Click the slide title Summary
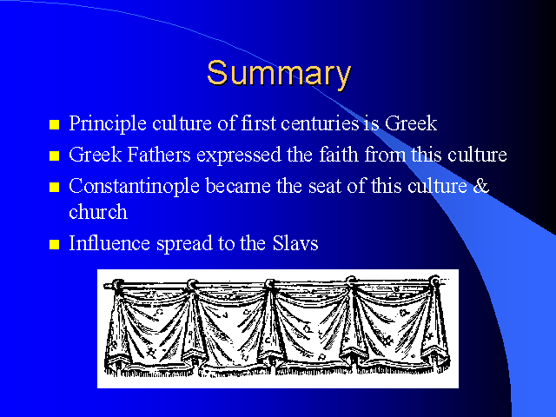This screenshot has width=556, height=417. (279, 74)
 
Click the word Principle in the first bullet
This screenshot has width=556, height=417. (108, 123)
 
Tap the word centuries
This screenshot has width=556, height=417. (320, 123)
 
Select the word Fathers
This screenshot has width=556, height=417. (158, 155)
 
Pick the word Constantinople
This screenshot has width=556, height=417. (134, 187)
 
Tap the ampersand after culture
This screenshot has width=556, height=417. (480, 186)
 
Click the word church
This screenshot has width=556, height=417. (98, 212)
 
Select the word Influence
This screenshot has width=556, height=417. (109, 243)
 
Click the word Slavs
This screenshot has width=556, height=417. (295, 243)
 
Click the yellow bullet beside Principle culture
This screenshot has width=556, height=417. (54, 125)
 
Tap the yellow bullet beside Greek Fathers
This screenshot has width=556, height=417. (54, 156)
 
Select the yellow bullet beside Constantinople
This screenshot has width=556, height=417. (54, 188)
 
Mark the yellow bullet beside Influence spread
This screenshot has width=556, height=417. (54, 245)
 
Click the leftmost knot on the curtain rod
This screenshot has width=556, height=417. (117, 285)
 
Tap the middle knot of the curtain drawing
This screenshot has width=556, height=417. (270, 284)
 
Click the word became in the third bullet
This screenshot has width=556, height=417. (238, 186)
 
